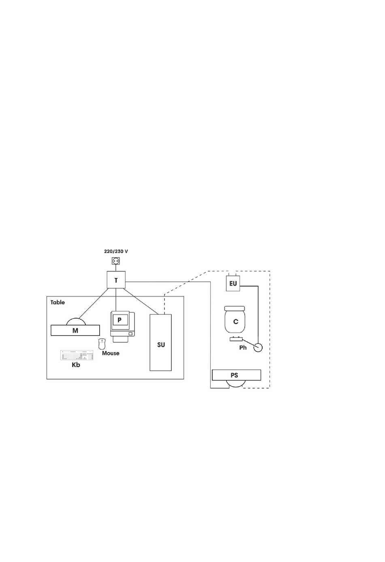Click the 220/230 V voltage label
pos(116,252)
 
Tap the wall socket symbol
pos(116,262)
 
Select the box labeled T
pos(116,280)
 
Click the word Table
pos(58,302)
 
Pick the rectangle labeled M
pos(75,331)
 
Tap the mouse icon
pos(102,344)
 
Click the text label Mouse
pos(111,353)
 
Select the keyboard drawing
pos(77,355)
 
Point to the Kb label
pos(76,365)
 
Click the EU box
pos(233,284)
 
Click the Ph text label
pos(243,348)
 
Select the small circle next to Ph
pos(258,347)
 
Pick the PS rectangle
pos(236,375)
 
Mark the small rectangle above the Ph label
pos(236,339)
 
